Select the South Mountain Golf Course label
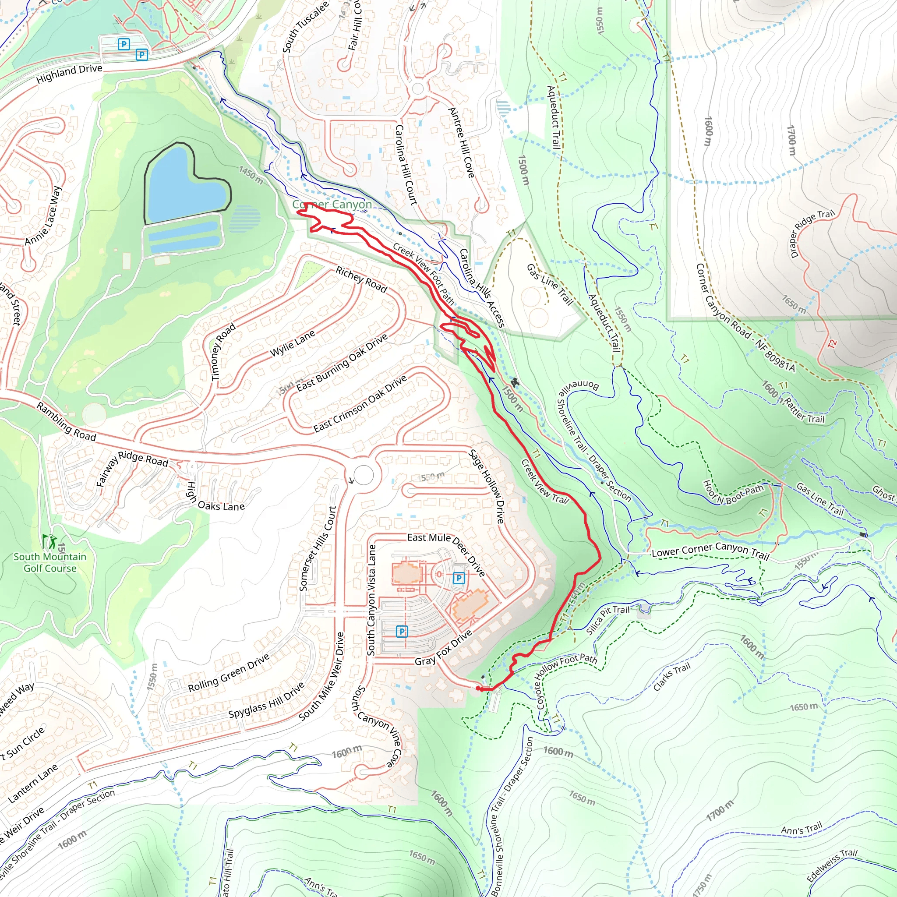(x=49, y=562)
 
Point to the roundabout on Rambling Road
(x=364, y=475)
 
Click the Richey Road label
(x=361, y=279)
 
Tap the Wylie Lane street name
(x=293, y=343)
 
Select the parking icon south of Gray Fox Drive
(x=402, y=631)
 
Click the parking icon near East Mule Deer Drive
(x=459, y=578)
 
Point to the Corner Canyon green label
(x=332, y=204)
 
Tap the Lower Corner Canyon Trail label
(x=710, y=551)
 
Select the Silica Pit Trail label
(x=607, y=619)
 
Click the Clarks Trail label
(x=671, y=677)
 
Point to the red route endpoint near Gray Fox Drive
(x=479, y=689)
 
